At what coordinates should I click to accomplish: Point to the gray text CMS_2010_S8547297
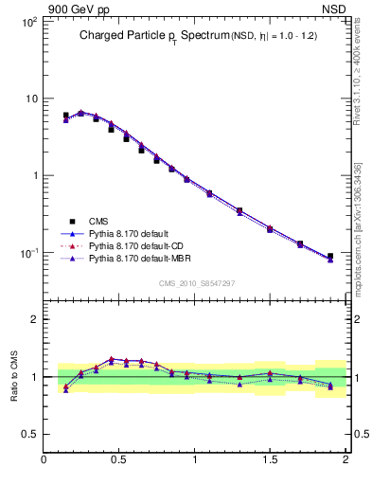tap(196, 283)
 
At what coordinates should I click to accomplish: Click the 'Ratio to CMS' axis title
tap(14, 377)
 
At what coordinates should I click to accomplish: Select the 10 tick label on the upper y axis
tap(30, 99)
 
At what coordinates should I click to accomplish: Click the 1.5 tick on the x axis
tap(271, 462)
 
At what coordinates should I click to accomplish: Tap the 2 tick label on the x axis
tap(345, 462)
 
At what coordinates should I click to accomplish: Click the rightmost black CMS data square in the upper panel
tap(330, 257)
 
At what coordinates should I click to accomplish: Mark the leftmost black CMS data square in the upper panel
tap(65, 116)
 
